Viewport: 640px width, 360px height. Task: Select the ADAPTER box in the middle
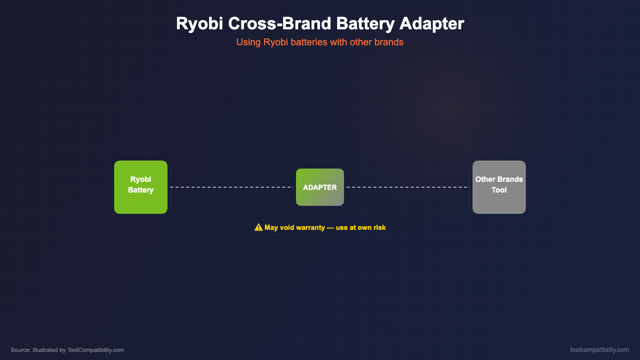coord(320,187)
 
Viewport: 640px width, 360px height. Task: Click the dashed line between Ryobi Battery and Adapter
coord(231,187)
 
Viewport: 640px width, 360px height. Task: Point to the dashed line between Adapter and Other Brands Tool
coord(408,187)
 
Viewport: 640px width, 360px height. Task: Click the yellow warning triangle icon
coord(259,227)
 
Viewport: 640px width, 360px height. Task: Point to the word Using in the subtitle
coord(249,42)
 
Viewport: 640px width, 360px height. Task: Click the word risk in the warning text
coord(378,227)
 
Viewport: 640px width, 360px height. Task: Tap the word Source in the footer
coord(20,350)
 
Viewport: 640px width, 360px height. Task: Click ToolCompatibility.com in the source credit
coord(95,350)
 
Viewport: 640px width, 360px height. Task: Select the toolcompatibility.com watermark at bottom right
coord(599,350)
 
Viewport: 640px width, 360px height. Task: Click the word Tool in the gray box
coord(499,190)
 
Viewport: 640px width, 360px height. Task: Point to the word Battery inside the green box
coord(141,190)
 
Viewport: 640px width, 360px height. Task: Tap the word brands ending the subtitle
coord(391,42)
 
